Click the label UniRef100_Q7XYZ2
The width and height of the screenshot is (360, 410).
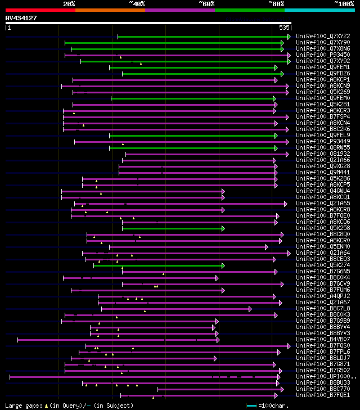click(323, 37)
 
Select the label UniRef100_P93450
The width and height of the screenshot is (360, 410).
click(323, 55)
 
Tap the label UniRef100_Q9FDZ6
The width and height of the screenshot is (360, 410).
click(323, 74)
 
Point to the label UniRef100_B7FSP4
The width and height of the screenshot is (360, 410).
click(323, 117)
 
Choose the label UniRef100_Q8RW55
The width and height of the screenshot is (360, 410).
click(323, 148)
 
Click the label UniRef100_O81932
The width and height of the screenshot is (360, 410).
click(323, 154)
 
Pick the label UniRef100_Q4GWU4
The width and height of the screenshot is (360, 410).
click(323, 191)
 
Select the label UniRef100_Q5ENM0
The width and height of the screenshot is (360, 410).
click(323, 247)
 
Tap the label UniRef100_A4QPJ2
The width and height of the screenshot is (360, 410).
click(323, 296)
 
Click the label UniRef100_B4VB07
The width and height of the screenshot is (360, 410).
click(323, 340)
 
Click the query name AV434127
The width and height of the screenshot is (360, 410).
click(21, 18)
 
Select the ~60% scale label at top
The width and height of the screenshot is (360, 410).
click(206, 4)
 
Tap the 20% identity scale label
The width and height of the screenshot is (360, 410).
click(69, 4)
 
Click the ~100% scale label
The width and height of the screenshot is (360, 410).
click(344, 4)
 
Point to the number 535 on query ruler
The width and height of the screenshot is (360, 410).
click(284, 28)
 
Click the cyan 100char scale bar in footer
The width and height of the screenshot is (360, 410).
click(251, 405)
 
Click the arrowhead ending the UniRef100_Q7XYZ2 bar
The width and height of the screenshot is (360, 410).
click(289, 37)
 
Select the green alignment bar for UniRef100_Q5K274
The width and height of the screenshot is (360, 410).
click(158, 265)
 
